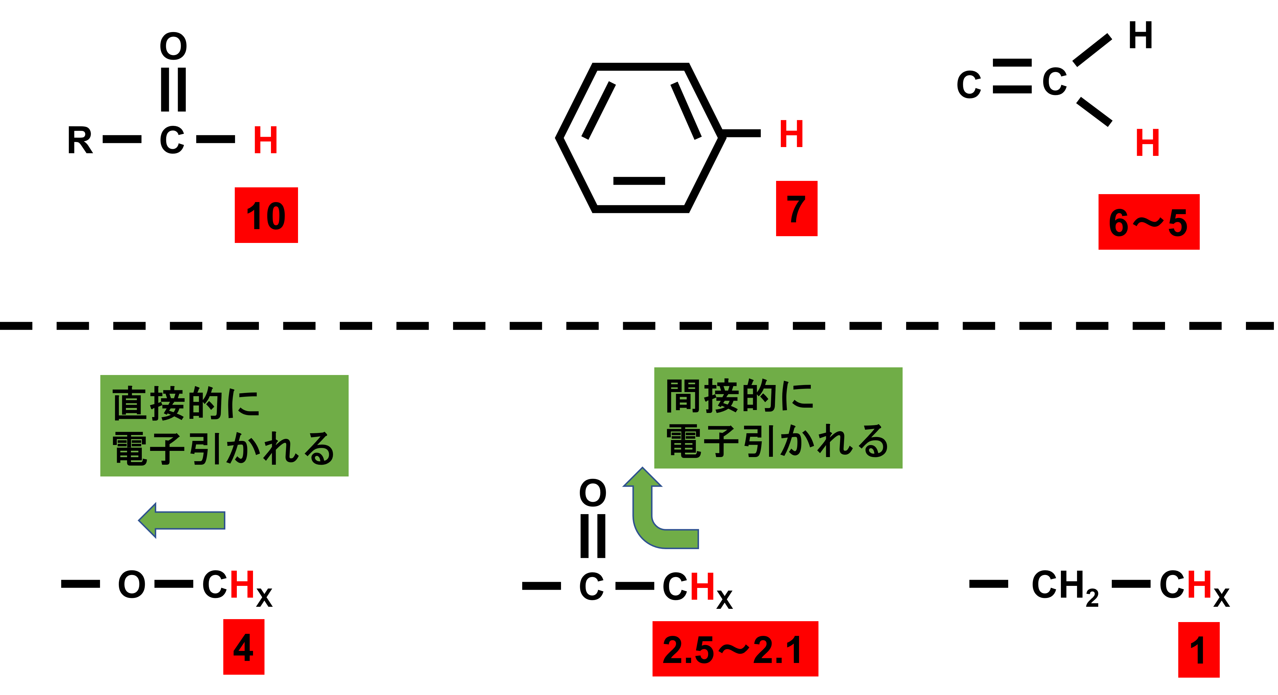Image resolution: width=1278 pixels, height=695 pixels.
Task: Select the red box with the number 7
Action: (x=796, y=208)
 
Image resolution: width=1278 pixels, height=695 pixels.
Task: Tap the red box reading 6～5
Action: (x=1149, y=222)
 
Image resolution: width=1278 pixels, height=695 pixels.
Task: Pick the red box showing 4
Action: (x=244, y=647)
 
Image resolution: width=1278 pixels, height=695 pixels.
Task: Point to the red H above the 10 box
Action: (x=265, y=140)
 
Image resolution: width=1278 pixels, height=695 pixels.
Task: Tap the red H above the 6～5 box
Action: (x=1147, y=143)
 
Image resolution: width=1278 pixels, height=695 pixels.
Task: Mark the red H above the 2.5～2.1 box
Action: (x=702, y=587)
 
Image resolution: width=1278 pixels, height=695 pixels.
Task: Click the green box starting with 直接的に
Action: (x=224, y=426)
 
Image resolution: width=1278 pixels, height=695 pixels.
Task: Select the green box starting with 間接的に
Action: (x=778, y=418)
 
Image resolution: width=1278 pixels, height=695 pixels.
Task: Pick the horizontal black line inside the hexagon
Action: (x=639, y=181)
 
